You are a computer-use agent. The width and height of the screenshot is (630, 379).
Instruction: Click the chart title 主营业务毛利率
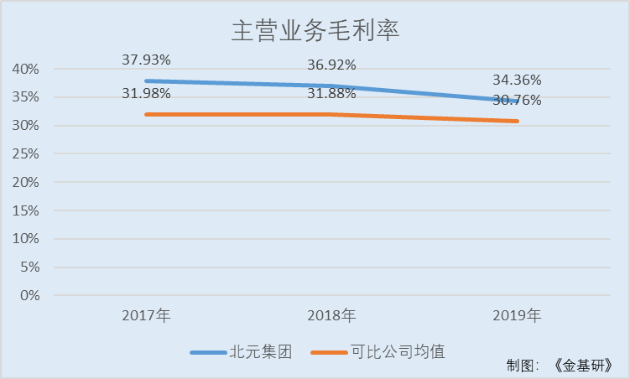[x=315, y=31]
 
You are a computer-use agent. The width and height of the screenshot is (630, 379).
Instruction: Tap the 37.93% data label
[x=146, y=60]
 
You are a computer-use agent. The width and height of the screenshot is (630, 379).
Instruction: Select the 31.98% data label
[x=146, y=93]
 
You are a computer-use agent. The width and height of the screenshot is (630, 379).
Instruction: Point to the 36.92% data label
[x=331, y=64]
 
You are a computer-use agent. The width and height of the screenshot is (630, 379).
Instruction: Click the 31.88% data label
[x=331, y=93]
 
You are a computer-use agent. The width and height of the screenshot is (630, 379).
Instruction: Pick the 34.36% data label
[x=517, y=80]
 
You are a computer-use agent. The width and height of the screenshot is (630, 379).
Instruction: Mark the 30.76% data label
[x=517, y=100]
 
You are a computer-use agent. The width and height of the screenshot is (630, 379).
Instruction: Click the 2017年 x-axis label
[x=146, y=316]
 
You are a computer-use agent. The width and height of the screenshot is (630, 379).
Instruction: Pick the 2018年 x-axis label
[x=331, y=316]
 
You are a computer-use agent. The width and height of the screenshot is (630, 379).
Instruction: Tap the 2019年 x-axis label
[x=517, y=316]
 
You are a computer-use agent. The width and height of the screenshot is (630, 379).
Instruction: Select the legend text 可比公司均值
[x=398, y=352]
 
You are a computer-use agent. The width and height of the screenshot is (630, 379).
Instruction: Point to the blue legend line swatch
[x=208, y=353]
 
